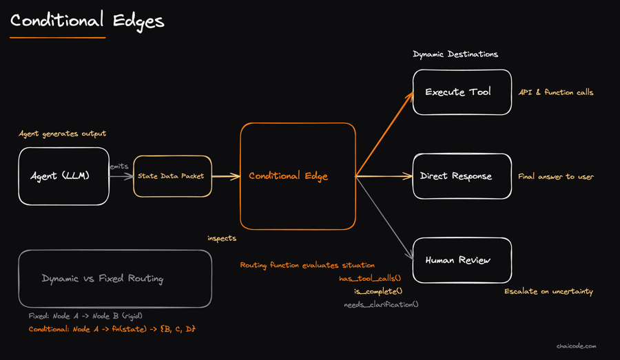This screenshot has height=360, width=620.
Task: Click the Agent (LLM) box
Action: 63,176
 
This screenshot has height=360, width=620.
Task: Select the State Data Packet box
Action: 172,176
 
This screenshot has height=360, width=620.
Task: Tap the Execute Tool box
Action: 462,92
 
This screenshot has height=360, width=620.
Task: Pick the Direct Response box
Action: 462,176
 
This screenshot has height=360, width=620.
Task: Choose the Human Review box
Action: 462,260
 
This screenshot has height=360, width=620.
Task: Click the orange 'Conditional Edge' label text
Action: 288,176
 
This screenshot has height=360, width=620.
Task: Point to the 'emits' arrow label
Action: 119,167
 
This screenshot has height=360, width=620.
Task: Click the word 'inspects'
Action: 222,238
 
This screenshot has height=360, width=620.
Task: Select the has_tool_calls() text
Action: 370,279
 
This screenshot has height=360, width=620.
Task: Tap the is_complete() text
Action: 378,292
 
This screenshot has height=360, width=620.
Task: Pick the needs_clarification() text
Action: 381,305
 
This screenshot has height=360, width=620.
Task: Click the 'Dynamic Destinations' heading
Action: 455,54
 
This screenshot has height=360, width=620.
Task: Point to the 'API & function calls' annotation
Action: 556,92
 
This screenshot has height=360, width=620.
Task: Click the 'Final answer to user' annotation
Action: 556,177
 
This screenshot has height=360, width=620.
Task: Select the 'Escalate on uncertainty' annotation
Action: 549,292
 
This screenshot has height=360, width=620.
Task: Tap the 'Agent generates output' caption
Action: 63,134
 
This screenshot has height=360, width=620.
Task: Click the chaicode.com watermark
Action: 577,346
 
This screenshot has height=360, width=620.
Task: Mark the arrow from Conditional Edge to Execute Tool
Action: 384,134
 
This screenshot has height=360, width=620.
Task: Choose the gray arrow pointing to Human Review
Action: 384,218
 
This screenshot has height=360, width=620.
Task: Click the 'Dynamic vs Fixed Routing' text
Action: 103,279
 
